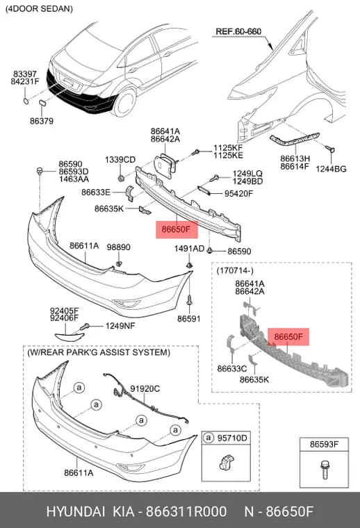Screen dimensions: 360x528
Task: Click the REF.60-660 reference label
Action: click(x=238, y=31)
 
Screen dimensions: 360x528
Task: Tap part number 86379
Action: click(x=42, y=121)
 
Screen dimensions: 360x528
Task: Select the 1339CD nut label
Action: click(x=120, y=160)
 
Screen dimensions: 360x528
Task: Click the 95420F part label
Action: click(x=238, y=193)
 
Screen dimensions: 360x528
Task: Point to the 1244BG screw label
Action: click(x=331, y=169)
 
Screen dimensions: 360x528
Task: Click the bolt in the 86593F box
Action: click(x=325, y=469)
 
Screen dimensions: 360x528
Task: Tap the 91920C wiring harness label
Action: click(x=145, y=389)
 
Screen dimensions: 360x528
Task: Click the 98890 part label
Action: click(x=119, y=247)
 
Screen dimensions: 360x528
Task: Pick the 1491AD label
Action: click(x=189, y=249)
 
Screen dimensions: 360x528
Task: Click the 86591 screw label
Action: click(x=189, y=318)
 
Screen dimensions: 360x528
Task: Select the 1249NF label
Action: click(x=120, y=326)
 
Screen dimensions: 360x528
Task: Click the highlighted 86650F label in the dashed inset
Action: click(x=288, y=337)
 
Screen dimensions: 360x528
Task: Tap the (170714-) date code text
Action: click(x=235, y=270)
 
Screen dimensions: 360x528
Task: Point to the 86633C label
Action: click(x=232, y=368)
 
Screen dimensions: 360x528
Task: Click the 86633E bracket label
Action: click(x=96, y=192)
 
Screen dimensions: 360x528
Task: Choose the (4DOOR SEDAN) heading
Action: click(x=39, y=9)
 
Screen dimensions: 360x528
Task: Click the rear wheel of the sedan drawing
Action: click(x=124, y=101)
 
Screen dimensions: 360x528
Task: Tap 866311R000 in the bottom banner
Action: click(x=186, y=511)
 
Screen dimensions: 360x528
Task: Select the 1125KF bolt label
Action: click(x=228, y=147)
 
